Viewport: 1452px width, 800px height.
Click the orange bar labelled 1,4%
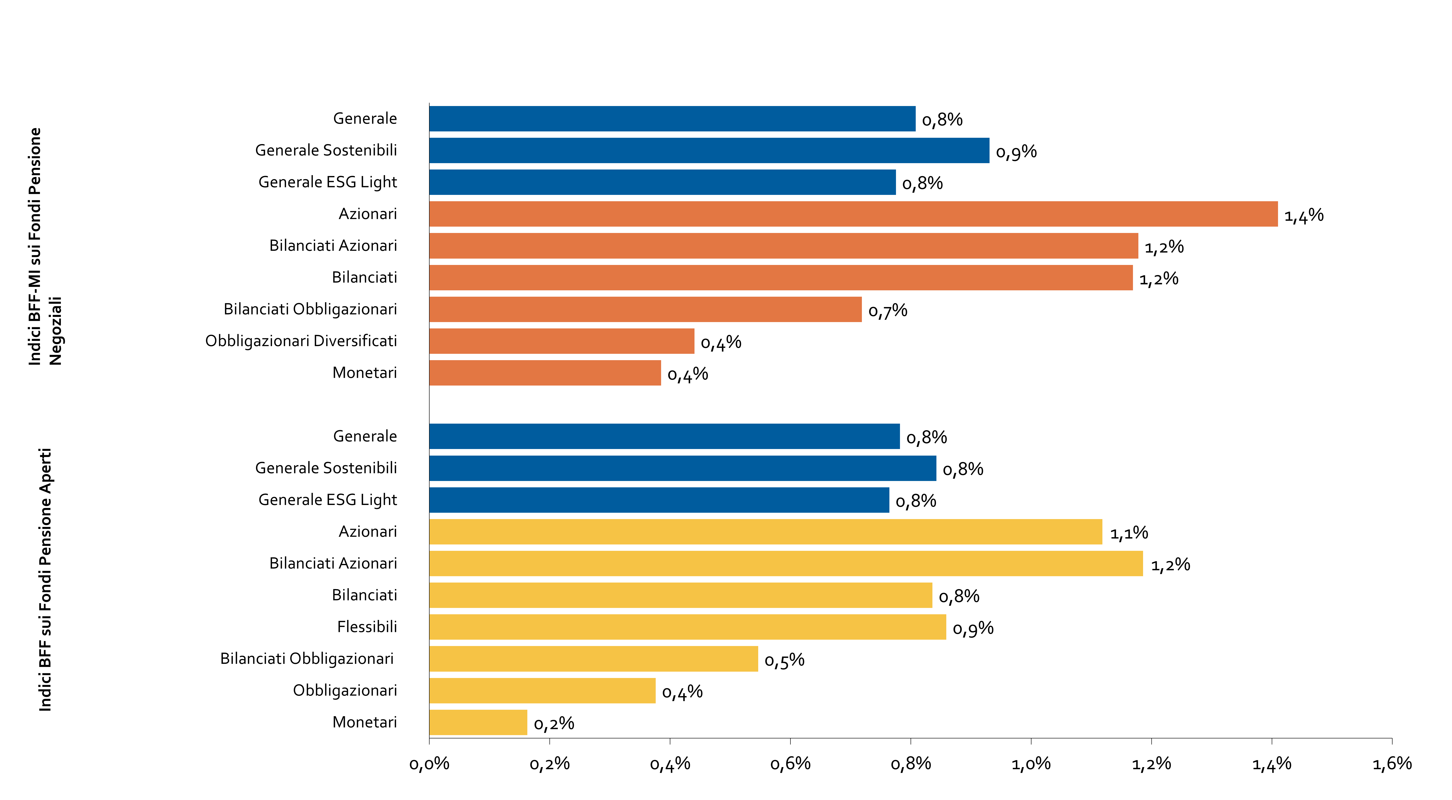[x=853, y=214]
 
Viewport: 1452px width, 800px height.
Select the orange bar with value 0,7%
[x=645, y=310]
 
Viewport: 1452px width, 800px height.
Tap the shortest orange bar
[x=545, y=373]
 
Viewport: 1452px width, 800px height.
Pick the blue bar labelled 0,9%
[x=709, y=150]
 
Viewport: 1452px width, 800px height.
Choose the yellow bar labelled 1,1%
[x=765, y=532]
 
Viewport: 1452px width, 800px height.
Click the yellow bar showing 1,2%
[x=786, y=564]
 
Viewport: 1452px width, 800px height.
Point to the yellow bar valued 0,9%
[x=688, y=627]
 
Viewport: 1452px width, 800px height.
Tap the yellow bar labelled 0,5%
[x=594, y=659]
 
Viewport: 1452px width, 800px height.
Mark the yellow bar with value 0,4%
[x=542, y=691]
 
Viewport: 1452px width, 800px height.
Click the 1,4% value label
[x=1304, y=215]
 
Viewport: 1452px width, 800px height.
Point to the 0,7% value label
[x=888, y=311]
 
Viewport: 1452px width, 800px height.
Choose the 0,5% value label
[x=784, y=660]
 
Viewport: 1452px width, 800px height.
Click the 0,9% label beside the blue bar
[x=1016, y=152]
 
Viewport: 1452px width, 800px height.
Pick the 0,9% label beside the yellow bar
[x=973, y=628]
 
